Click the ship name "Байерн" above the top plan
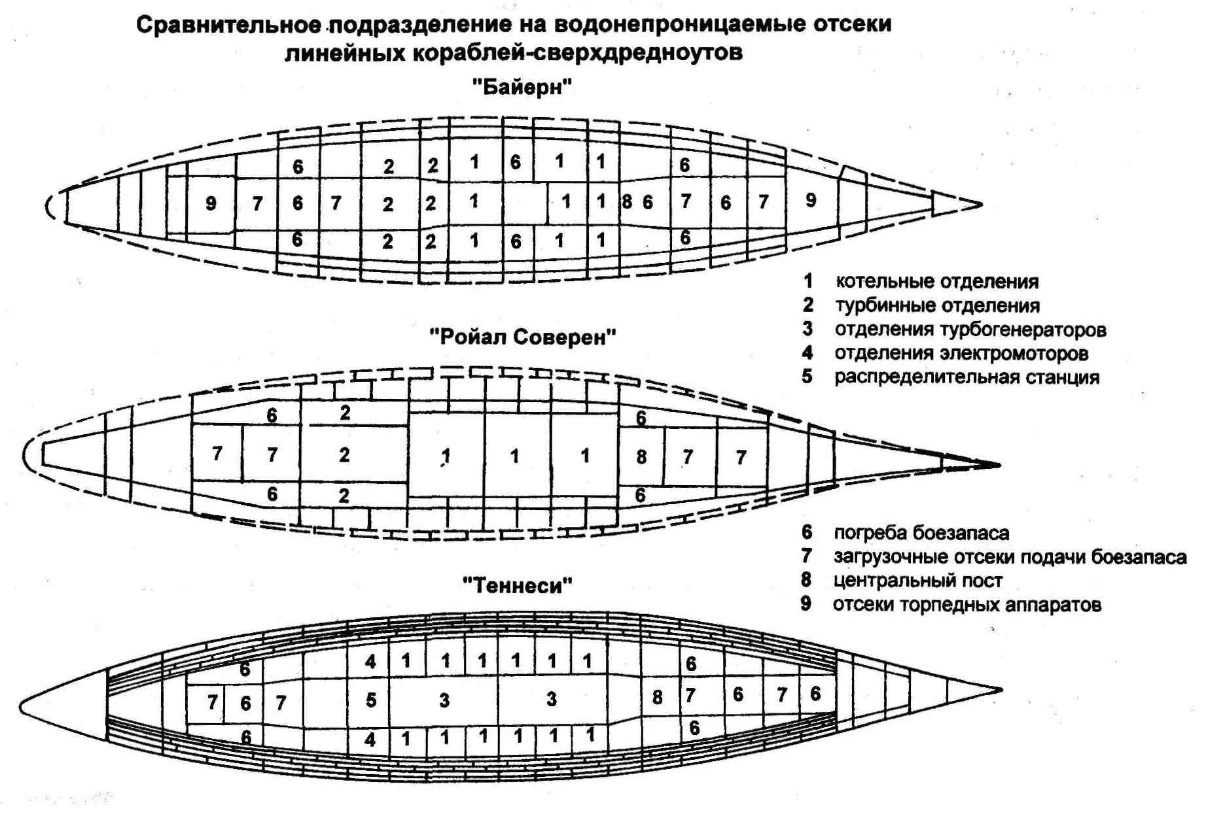(522, 86)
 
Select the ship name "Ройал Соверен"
(522, 337)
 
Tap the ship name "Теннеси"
(517, 585)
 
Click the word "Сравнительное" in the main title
(228, 25)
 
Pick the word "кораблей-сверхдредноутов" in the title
(578, 52)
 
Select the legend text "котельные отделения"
(937, 281)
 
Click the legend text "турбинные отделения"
(938, 305)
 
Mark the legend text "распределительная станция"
(967, 377)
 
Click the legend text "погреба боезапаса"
(921, 533)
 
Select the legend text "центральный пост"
(918, 581)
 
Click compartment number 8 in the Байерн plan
(627, 201)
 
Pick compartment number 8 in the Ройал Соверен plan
(641, 456)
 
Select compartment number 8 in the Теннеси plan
(657, 698)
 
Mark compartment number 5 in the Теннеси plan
(371, 700)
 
